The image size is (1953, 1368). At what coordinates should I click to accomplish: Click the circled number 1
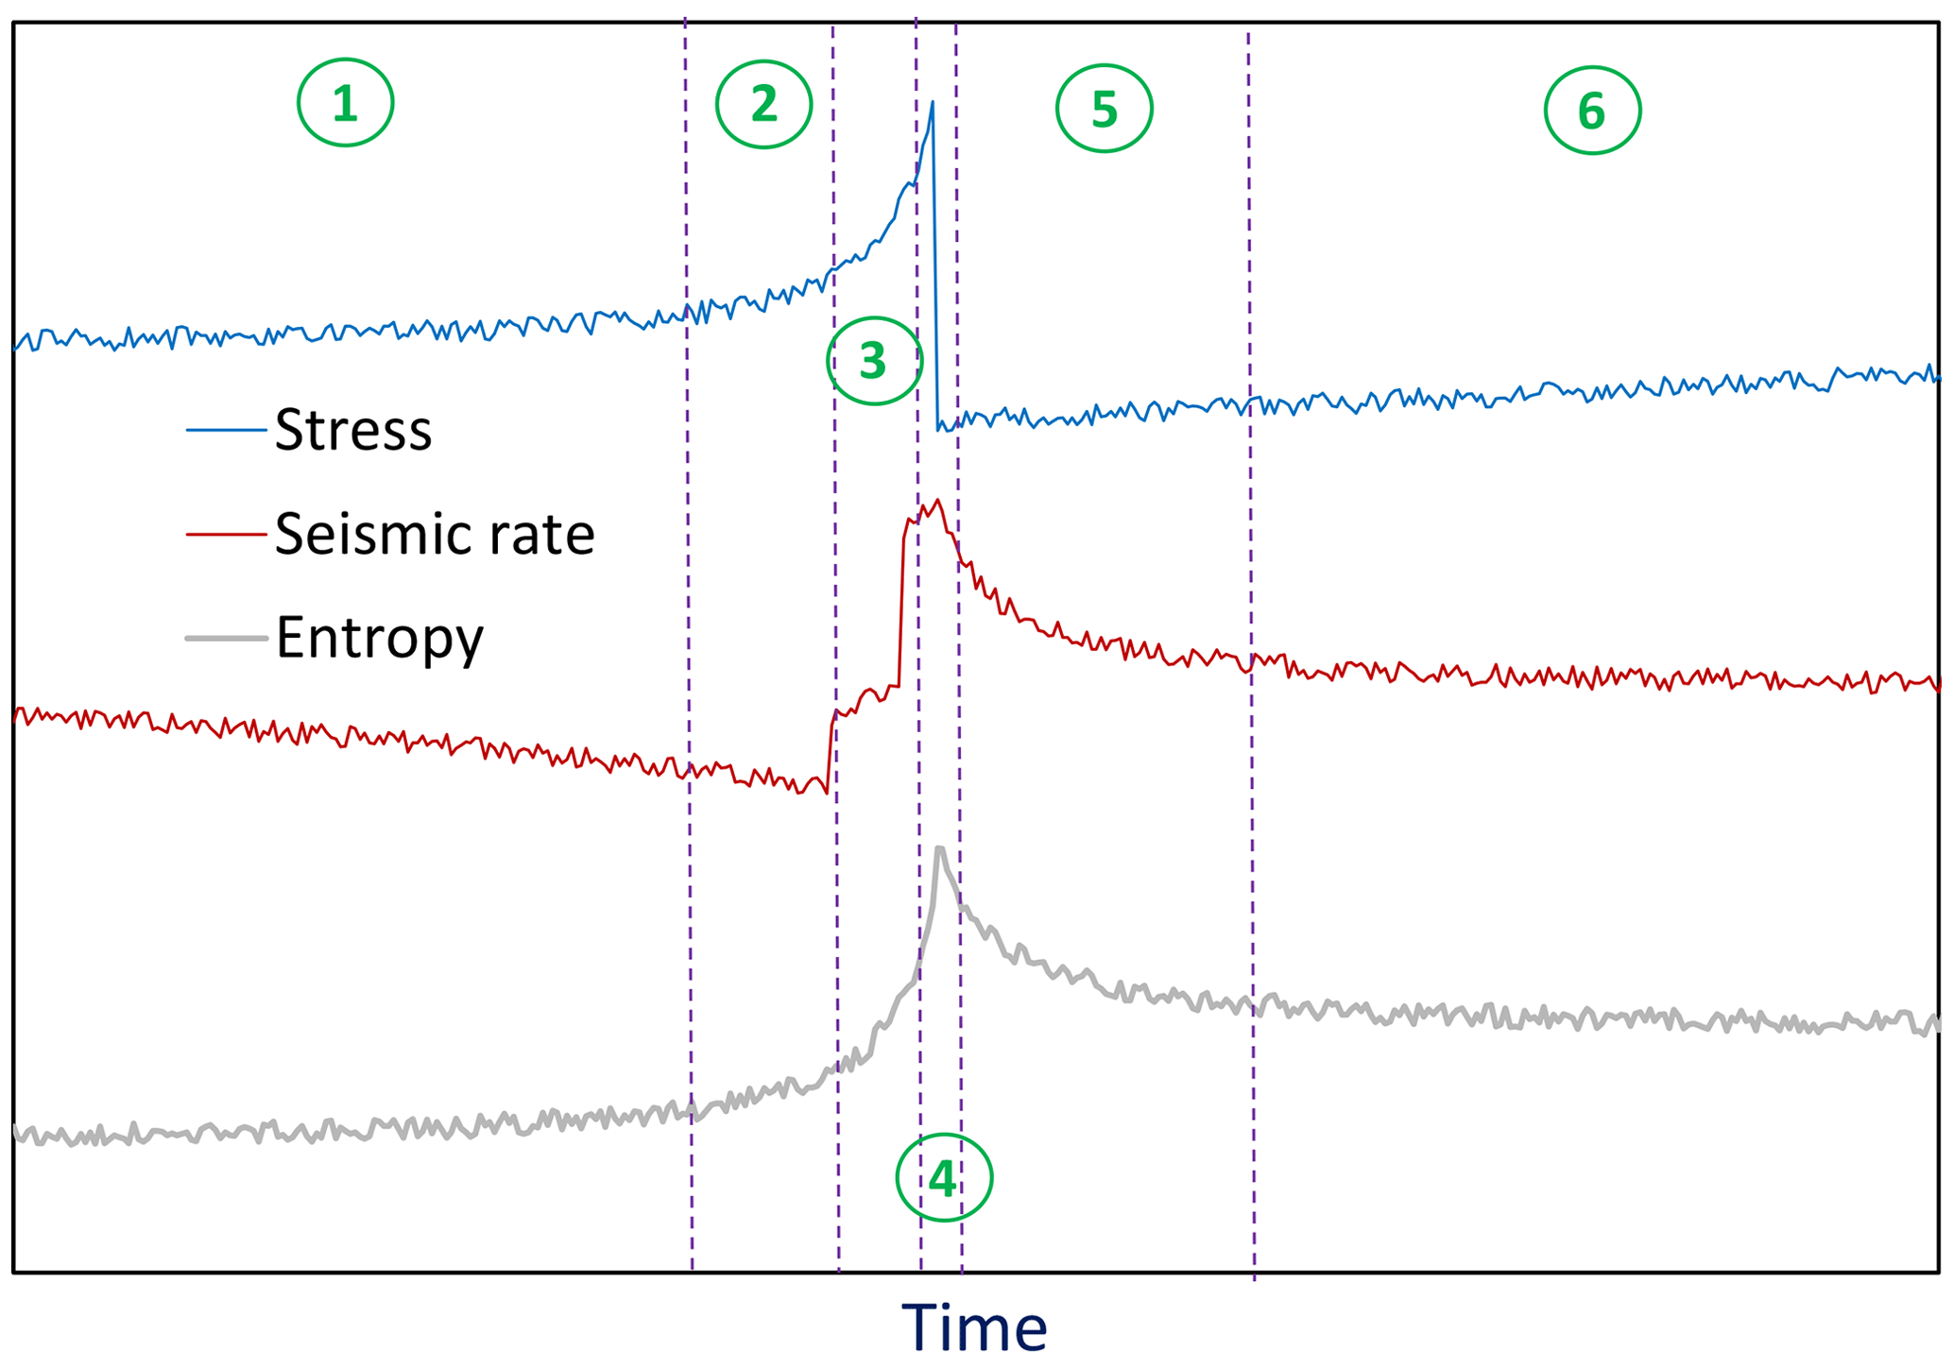click(x=345, y=103)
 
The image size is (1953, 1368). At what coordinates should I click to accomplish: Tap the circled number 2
click(x=763, y=104)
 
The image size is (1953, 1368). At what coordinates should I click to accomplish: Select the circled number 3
click(x=873, y=361)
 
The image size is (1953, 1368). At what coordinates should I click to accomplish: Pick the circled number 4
click(x=943, y=1178)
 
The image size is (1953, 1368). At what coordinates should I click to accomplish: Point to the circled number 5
click(x=1104, y=109)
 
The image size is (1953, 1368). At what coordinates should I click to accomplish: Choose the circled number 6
click(x=1592, y=111)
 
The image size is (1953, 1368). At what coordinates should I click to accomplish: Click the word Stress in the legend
click(x=353, y=430)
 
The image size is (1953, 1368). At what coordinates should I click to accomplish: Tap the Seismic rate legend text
click(x=435, y=534)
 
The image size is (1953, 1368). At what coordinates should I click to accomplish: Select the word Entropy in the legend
click(x=379, y=639)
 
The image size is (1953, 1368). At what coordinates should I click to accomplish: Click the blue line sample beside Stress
click(x=226, y=430)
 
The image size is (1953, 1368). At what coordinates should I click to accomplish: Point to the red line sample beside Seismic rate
click(x=226, y=534)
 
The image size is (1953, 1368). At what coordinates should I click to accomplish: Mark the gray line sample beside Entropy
click(x=226, y=639)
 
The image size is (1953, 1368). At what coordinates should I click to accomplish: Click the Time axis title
click(x=974, y=1328)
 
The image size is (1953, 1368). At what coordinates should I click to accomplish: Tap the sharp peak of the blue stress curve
click(x=933, y=102)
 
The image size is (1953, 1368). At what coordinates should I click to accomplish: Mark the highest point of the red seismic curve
click(x=937, y=501)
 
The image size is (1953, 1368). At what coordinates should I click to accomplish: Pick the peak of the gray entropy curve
click(x=939, y=848)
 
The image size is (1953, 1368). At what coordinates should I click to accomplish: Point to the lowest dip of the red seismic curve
click(x=826, y=792)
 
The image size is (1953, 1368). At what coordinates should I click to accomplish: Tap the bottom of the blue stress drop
click(x=938, y=430)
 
